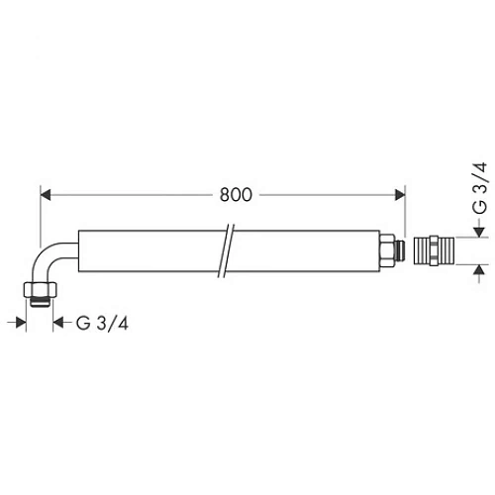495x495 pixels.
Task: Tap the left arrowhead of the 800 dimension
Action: [44, 194]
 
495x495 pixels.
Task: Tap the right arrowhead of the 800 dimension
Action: [400, 194]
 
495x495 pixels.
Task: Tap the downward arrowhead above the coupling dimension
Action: [477, 230]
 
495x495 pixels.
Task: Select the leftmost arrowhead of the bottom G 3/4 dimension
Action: [21, 323]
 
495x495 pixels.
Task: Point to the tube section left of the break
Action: [148, 247]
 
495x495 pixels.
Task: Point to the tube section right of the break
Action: [307, 247]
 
